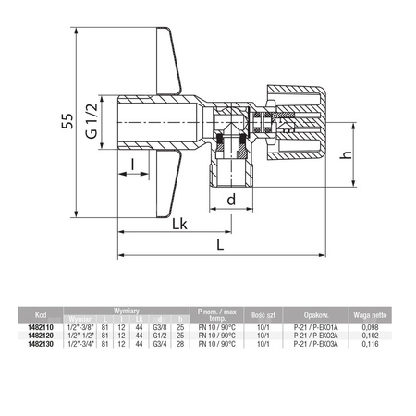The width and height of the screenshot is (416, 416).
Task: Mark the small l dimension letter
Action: click(x=132, y=165)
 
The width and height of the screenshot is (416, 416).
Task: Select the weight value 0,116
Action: click(x=370, y=344)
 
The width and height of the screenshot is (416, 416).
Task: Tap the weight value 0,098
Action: click(x=370, y=327)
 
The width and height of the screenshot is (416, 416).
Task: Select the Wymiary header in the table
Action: click(x=127, y=311)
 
